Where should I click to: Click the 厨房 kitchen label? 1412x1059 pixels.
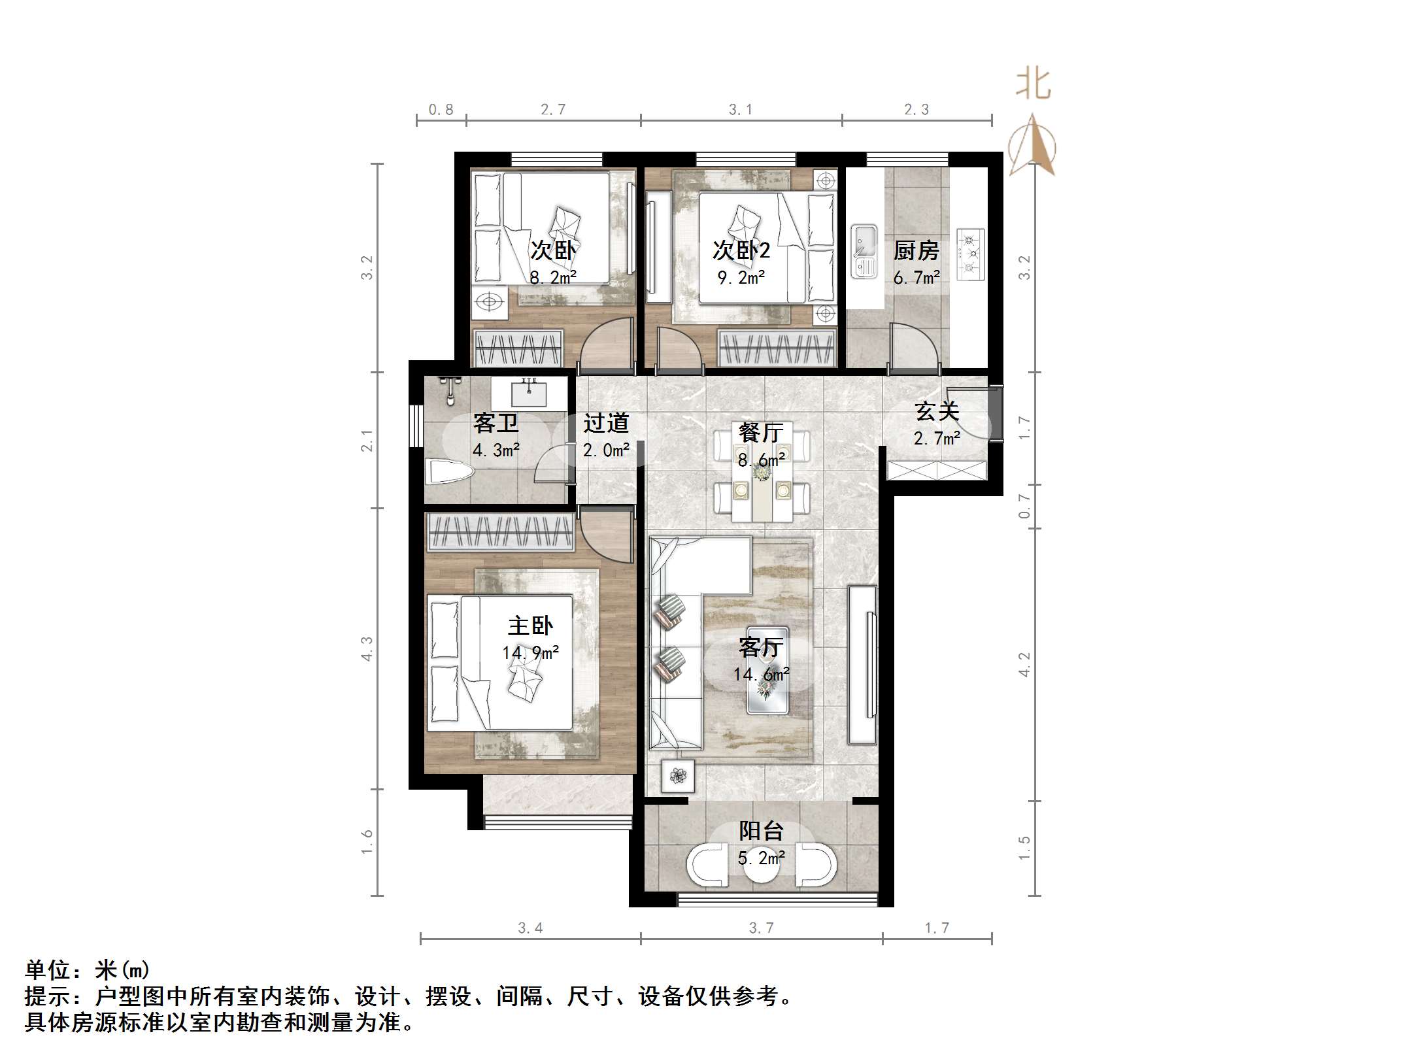point(916,251)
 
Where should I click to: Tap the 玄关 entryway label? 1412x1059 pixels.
point(937,411)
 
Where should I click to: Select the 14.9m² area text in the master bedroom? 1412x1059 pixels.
point(530,652)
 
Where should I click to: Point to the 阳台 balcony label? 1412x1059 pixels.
point(761,831)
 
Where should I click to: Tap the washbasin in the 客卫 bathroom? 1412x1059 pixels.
point(528,394)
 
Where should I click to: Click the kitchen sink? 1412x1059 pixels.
point(864,252)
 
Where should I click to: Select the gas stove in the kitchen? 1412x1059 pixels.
point(971,254)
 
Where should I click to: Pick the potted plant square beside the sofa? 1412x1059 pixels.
point(678,777)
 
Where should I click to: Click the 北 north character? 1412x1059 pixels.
point(1033,85)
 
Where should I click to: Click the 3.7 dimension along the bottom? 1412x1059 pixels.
point(761,928)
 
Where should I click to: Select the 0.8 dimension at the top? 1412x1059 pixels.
point(441,110)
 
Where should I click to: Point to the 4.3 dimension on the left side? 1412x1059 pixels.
point(367,648)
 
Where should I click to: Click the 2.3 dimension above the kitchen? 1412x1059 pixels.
point(916,110)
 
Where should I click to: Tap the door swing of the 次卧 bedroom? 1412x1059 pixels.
point(607,346)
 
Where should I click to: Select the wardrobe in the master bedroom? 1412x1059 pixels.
point(500,531)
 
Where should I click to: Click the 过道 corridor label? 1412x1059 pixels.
point(606,423)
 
